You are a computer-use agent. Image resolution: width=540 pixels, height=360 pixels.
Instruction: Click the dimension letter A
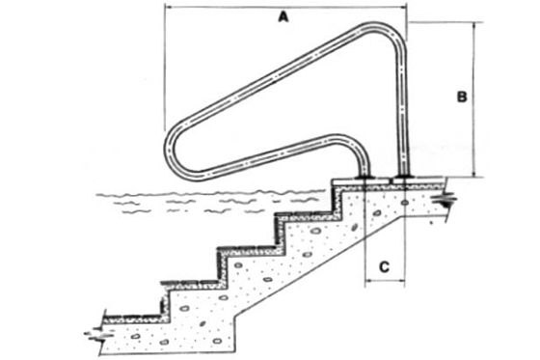tap(283, 16)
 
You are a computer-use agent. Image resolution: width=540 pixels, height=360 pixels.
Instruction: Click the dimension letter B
tap(462, 97)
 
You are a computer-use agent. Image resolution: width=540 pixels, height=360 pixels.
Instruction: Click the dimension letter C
tap(384, 267)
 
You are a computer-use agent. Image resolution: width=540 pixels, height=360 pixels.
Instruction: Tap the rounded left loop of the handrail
tap(170, 149)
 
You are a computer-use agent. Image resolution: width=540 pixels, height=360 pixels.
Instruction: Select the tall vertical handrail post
tap(402, 110)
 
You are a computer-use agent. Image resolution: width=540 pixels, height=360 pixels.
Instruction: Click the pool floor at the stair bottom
tap(134, 318)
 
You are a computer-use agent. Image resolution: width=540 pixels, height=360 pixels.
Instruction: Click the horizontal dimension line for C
tap(385, 281)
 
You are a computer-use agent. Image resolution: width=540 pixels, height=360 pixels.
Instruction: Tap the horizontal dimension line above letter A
tap(285, 6)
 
